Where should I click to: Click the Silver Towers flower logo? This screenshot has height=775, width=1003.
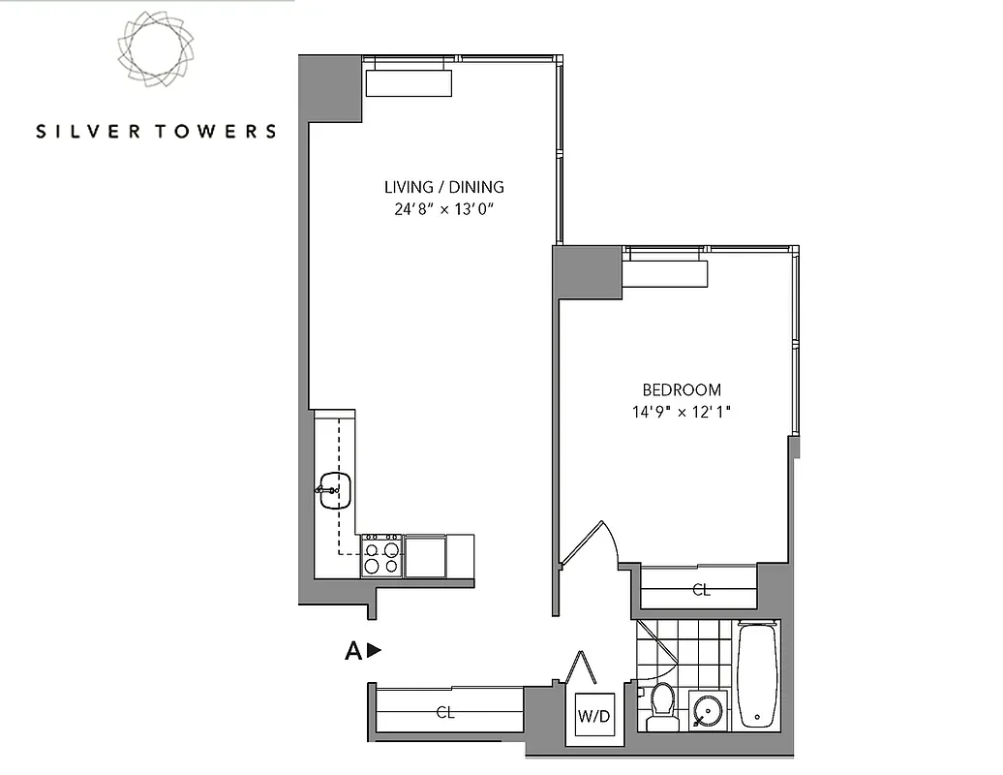coord(155,49)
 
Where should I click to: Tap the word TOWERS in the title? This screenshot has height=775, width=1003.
coord(218,131)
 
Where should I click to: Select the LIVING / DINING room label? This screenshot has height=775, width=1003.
coord(443,188)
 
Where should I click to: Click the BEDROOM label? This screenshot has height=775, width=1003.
coord(682,390)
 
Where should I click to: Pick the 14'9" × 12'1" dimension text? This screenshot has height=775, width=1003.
coord(682,411)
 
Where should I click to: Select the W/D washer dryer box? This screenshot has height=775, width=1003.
coord(594,717)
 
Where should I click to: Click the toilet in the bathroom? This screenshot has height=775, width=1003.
coord(663,705)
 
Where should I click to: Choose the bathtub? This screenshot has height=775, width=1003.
coord(758,676)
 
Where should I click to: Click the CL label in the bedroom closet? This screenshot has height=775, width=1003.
coord(701,590)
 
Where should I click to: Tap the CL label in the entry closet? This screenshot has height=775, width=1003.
coord(445,713)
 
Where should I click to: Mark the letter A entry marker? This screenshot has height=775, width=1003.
coord(353,651)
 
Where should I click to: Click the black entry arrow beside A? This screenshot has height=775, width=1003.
coord(376,651)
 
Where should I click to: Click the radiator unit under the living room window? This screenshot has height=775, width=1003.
coord(408,82)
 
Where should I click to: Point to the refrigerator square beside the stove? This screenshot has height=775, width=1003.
coord(425,557)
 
